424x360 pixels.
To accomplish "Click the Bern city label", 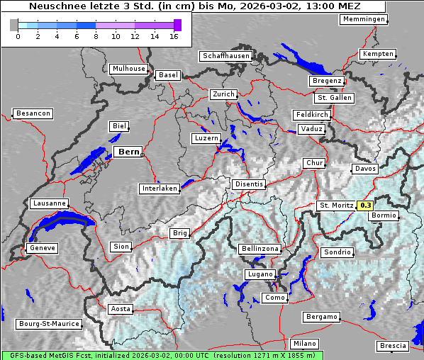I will (x=128, y=152).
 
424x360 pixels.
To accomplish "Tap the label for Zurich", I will (x=223, y=94).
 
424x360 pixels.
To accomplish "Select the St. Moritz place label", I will (x=336, y=206).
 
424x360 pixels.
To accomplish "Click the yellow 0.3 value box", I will (x=365, y=206).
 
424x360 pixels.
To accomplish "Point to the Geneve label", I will (x=42, y=248).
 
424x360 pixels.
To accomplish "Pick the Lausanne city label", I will (x=49, y=203).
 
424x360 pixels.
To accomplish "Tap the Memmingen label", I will (x=364, y=19).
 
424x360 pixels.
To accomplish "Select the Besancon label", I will (x=33, y=113).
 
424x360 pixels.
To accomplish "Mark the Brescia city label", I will (x=393, y=345).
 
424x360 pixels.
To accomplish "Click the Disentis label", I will (x=249, y=184).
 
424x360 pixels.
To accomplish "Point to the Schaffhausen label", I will (x=226, y=55).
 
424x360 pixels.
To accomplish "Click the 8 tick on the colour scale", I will (x=96, y=35).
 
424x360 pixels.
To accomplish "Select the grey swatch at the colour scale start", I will (x=13, y=25).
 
